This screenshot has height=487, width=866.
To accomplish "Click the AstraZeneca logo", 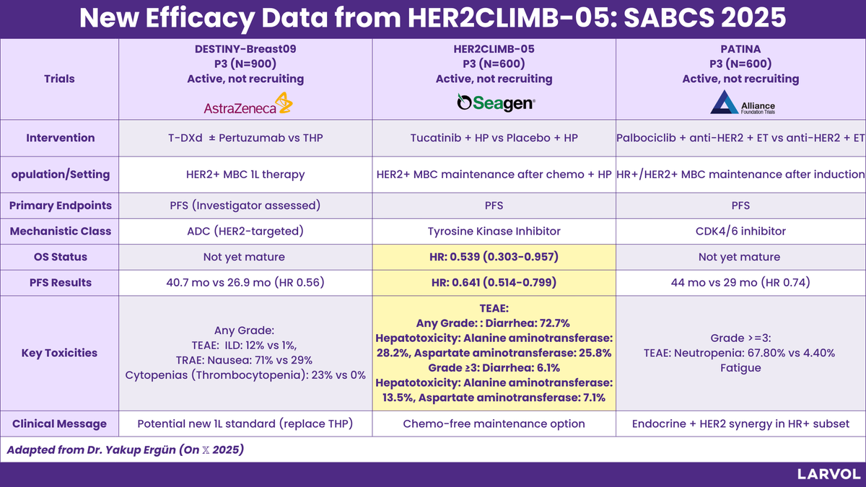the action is [x=248, y=103].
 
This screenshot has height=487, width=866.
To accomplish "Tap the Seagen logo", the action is [x=496, y=102].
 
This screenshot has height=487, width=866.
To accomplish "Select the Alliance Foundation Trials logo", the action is [x=743, y=102].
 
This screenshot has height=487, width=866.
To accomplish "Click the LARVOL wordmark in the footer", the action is [x=829, y=474].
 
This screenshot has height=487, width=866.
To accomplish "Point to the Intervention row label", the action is [x=61, y=138].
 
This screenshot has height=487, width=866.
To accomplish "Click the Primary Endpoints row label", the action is [x=61, y=206].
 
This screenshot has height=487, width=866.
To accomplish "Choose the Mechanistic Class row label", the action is [x=61, y=231].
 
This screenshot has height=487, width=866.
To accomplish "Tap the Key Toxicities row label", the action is [x=59, y=353].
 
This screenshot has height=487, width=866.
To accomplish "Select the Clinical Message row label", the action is [x=59, y=424].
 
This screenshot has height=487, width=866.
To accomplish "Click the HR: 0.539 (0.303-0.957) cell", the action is [x=494, y=257].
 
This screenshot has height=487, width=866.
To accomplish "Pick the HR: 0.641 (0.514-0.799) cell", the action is [x=494, y=283].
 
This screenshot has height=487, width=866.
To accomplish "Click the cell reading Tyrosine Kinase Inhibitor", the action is [x=494, y=231].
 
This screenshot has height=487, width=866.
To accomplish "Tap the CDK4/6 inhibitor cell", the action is [x=740, y=231].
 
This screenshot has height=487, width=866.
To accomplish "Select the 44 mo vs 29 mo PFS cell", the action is [x=740, y=283].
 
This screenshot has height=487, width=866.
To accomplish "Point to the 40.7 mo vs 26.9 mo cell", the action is [x=245, y=283].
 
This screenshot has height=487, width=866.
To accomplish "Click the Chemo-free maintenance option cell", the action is [x=494, y=424].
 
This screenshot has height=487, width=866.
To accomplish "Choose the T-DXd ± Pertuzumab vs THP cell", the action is [x=245, y=138].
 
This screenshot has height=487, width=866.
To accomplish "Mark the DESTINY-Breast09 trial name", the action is [x=245, y=49].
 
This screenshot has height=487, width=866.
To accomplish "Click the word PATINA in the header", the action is [x=740, y=49].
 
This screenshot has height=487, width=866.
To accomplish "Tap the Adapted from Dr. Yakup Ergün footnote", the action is [x=126, y=450].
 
